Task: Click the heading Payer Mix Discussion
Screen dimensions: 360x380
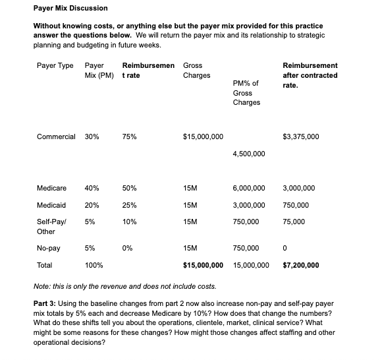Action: click(70, 9)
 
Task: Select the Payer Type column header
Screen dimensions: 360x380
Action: click(55, 66)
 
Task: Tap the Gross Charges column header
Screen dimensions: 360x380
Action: click(196, 71)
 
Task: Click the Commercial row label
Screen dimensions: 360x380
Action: click(56, 136)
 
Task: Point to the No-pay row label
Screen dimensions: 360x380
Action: click(49, 249)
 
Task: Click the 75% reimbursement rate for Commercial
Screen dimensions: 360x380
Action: click(130, 136)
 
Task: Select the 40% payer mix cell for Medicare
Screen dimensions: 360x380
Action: click(92, 188)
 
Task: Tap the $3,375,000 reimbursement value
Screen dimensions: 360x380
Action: click(301, 136)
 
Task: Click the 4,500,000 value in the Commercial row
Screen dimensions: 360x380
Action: click(249, 154)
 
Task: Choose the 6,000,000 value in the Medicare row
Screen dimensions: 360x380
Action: click(249, 188)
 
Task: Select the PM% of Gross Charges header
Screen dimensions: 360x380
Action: click(246, 93)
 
